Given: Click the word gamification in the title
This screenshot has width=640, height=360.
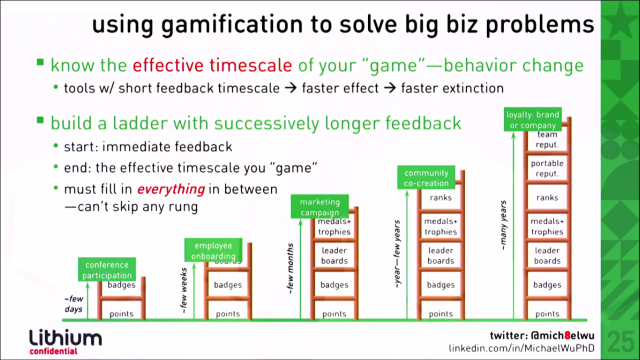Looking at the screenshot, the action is click(x=232, y=25).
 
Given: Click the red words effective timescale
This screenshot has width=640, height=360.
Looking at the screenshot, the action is click(x=212, y=65).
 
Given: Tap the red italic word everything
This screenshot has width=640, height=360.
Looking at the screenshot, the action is click(x=171, y=189).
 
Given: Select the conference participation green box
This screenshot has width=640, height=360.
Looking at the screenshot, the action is click(x=107, y=270).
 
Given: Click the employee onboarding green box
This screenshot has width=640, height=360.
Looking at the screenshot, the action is click(x=214, y=250).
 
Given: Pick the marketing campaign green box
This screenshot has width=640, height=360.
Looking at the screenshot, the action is click(x=320, y=206).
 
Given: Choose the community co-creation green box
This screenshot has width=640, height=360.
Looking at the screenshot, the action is click(x=426, y=177).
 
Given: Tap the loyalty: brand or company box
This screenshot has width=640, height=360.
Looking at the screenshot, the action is click(x=533, y=119).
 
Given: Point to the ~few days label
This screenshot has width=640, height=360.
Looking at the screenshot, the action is click(x=74, y=304).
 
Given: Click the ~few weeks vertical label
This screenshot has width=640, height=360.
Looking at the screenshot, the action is click(x=184, y=290).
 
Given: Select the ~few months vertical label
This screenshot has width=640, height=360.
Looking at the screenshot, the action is click(x=290, y=268).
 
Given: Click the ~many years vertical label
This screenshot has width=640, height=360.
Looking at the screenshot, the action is click(x=503, y=225).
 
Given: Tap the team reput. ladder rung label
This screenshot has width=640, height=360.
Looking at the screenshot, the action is click(x=547, y=140).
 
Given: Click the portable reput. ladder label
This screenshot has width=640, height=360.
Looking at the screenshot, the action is click(x=547, y=168).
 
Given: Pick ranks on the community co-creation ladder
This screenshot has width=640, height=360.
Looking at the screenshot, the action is click(x=440, y=198).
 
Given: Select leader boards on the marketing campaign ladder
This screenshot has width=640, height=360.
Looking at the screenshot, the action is click(x=334, y=255).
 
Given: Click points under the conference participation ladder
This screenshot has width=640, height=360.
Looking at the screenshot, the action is click(x=121, y=314).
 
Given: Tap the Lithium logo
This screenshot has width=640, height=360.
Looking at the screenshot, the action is click(x=66, y=341).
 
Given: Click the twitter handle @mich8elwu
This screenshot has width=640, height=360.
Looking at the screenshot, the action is click(x=563, y=336).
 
